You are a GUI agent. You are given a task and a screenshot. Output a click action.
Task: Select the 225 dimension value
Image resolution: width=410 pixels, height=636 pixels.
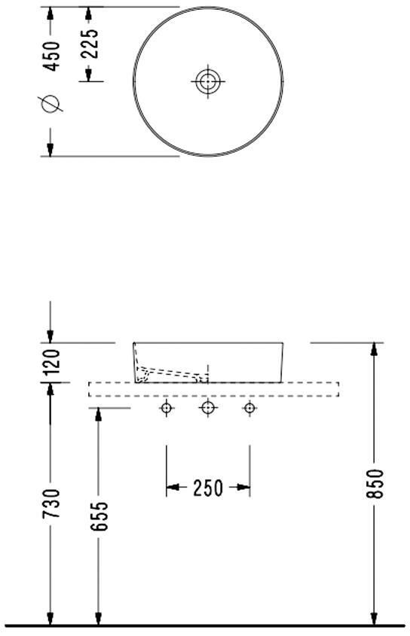[91, 43]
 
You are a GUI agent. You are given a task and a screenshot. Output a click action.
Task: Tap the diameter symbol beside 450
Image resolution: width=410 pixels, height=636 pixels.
[50, 103]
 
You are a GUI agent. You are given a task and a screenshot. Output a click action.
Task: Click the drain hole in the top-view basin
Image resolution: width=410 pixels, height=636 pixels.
[208, 81]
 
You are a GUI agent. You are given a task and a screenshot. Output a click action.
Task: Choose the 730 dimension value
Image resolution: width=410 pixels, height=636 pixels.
[52, 504]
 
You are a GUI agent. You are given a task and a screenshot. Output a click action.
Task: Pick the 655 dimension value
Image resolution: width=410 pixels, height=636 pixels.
[99, 516]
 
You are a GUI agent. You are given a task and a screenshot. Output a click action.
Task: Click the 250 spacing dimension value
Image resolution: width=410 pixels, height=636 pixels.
[208, 488]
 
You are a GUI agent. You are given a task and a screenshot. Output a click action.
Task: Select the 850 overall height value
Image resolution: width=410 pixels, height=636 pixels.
[375, 484]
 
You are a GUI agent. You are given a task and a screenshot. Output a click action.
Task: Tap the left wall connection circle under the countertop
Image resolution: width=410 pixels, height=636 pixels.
[167, 408]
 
